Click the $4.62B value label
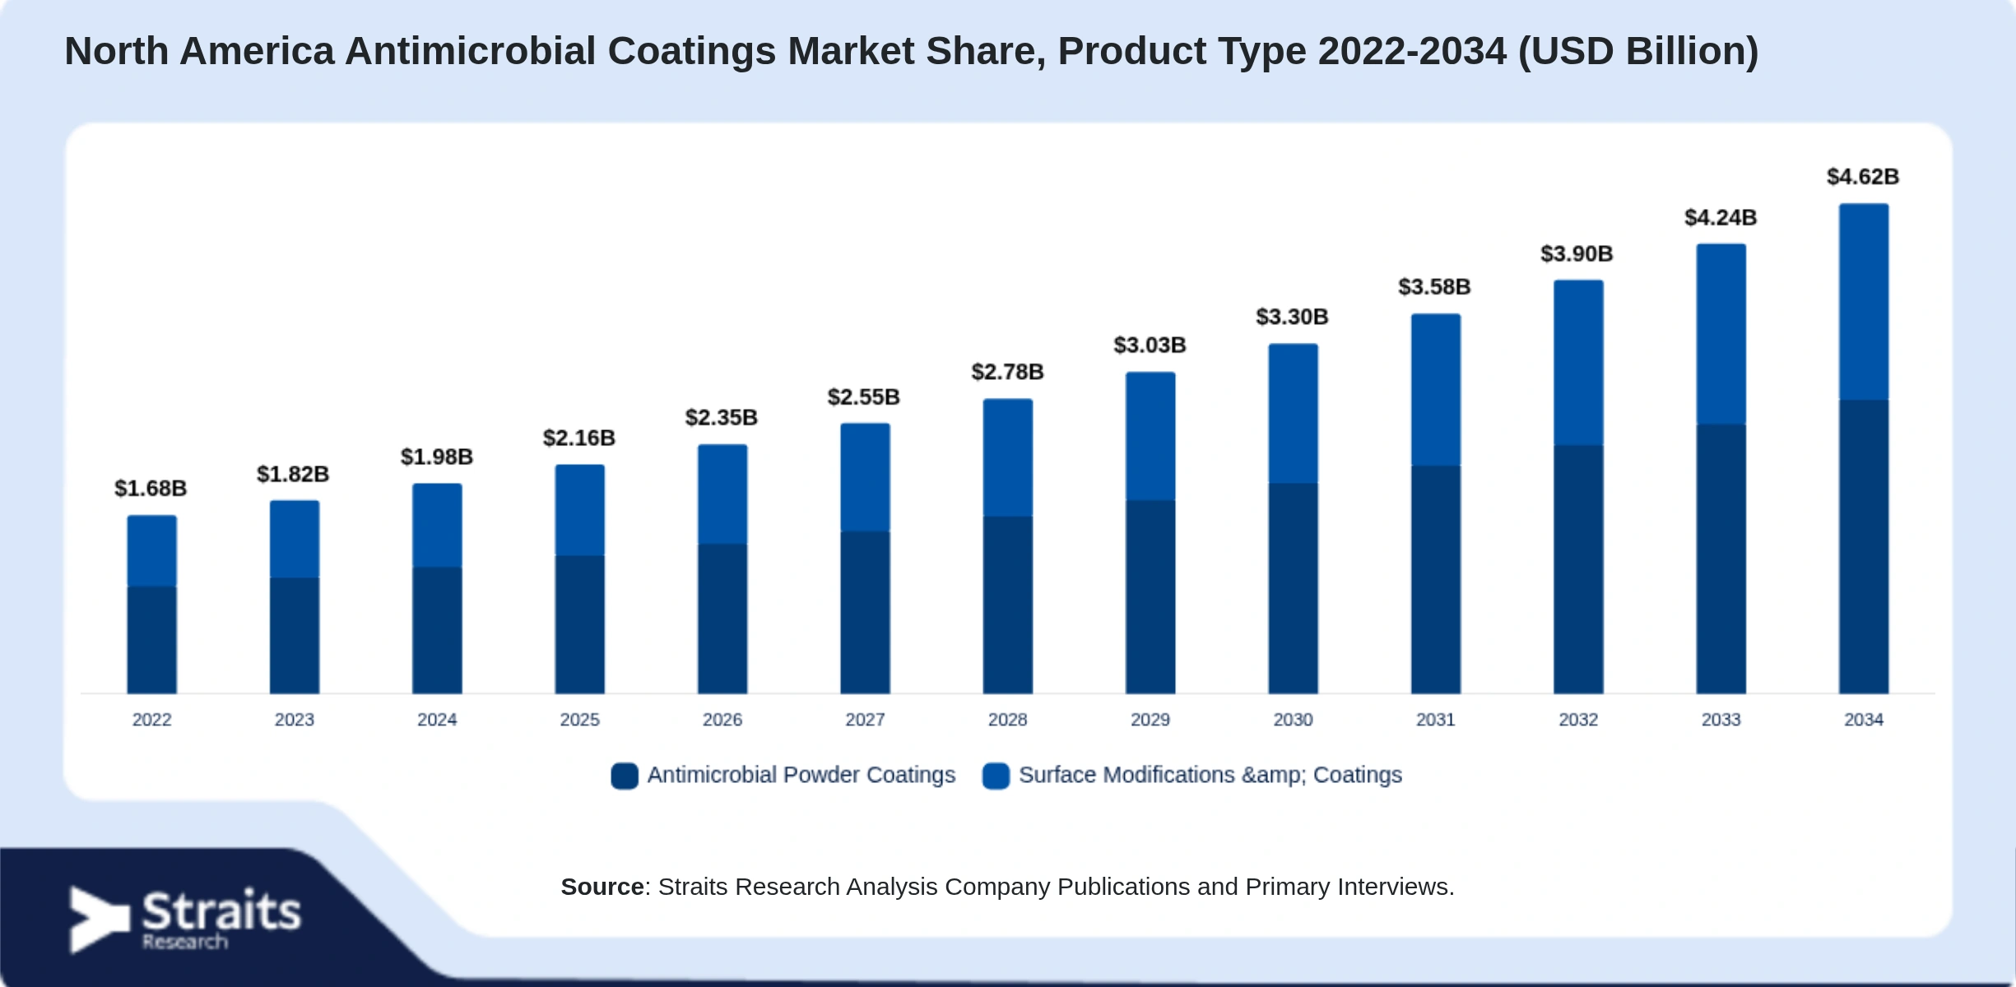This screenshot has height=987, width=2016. click(x=1863, y=177)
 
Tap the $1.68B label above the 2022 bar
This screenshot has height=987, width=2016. click(x=151, y=489)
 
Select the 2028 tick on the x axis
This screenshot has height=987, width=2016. click(x=1007, y=720)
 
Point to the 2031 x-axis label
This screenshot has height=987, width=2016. click(x=1435, y=720)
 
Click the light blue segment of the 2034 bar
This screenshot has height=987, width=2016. click(x=1864, y=302)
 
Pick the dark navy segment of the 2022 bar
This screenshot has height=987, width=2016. click(x=151, y=640)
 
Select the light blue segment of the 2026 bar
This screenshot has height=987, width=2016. click(x=722, y=494)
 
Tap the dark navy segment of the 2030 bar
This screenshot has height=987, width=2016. click(x=1293, y=588)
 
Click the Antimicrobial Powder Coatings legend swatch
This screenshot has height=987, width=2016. click(x=625, y=776)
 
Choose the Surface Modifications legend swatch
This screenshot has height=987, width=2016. click(x=996, y=776)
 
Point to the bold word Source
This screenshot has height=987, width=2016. click(x=602, y=887)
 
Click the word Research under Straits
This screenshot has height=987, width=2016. click(x=184, y=942)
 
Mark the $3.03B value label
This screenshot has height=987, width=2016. click(x=1150, y=345)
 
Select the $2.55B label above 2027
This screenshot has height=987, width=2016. click(x=863, y=397)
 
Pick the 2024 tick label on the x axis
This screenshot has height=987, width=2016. click(x=437, y=720)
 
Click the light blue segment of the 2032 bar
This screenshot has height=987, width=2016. click(x=1578, y=363)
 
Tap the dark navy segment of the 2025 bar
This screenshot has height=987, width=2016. click(x=579, y=624)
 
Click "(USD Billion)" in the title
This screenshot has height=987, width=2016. click(x=1638, y=51)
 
